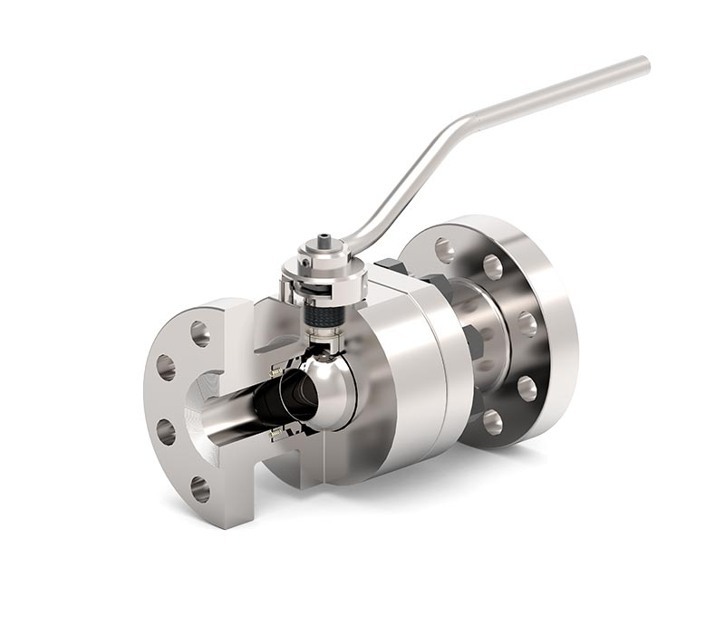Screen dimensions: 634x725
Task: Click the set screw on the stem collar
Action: (x=306, y=263)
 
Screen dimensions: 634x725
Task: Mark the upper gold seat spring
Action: (x=275, y=372)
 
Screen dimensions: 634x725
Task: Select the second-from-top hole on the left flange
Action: (x=166, y=367)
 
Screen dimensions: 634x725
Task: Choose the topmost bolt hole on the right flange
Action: (x=443, y=249)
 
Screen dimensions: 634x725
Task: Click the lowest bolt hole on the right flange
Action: (x=492, y=421)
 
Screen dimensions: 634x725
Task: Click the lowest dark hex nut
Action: (x=473, y=342)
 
